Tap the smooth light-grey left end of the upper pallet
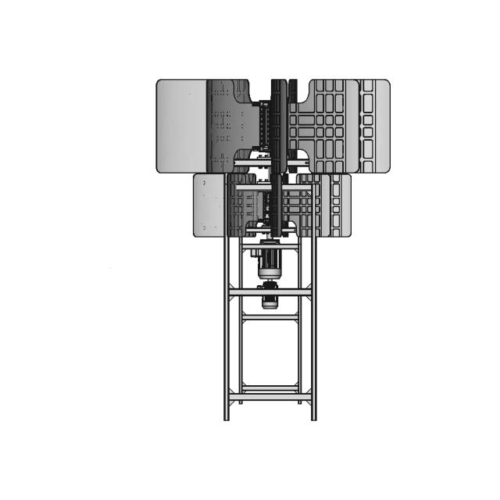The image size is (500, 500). click(181, 126)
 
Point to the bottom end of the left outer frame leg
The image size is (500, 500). click(227, 417)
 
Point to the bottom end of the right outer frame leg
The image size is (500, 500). click(314, 417)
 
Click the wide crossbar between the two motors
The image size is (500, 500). click(270, 291)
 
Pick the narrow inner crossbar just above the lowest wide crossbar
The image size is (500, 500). click(270, 387)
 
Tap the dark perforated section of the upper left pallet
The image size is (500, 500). click(230, 125)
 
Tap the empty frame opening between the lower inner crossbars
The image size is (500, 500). click(270, 352)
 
